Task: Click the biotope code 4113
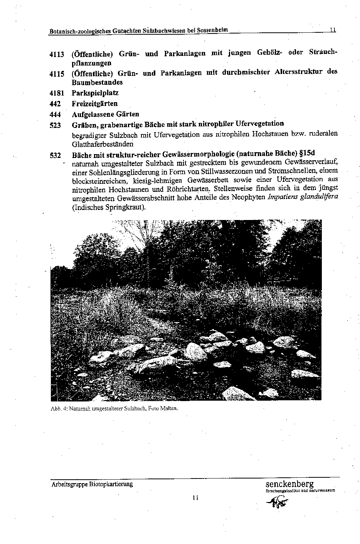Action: tap(57, 54)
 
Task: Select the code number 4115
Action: tap(57, 74)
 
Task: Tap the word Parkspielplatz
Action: tap(95, 93)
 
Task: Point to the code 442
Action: tap(55, 104)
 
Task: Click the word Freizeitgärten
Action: tap(94, 104)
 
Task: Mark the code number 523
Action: tap(55, 125)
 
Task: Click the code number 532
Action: tap(55, 155)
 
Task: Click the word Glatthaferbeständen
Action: tap(103, 144)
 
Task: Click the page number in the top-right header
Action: tap(333, 29)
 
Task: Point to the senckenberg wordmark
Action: tap(289, 484)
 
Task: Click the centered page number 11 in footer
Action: tap(195, 498)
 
